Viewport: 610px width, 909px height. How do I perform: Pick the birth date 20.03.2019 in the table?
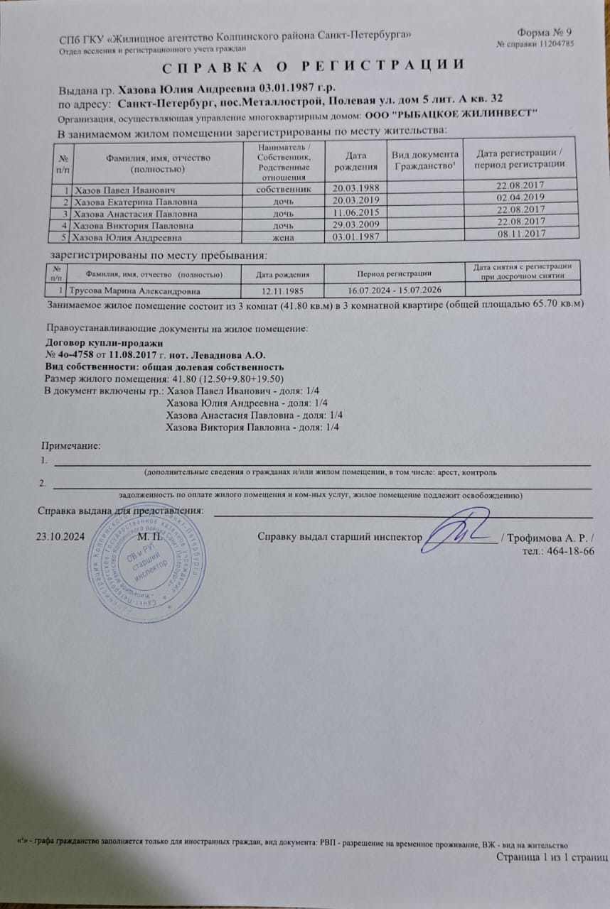tap(357, 201)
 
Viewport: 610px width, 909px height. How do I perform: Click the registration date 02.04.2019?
tap(521, 197)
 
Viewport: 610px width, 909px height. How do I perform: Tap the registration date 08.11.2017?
tap(521, 233)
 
